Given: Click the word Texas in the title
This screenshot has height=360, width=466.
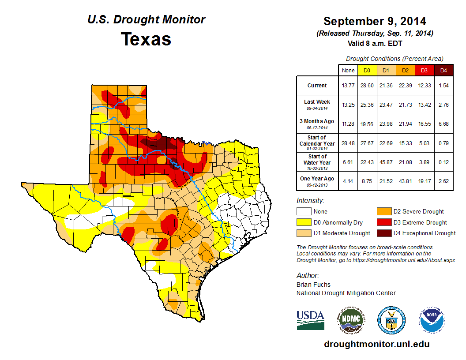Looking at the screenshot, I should click(146, 39).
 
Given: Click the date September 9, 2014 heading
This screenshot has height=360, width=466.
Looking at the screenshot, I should click(375, 21).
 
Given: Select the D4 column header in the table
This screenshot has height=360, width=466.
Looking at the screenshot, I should click(443, 71).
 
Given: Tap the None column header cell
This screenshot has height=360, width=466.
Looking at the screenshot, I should click(348, 71).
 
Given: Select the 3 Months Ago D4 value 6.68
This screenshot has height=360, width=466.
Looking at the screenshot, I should click(443, 124).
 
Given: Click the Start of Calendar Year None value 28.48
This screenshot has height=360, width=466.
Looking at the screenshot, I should click(348, 143).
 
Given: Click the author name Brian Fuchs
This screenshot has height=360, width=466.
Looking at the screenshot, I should click(313, 285).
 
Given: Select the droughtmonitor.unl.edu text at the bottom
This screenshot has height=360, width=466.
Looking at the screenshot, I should click(376, 344).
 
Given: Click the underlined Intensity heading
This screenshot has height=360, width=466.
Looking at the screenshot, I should click(310, 201).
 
